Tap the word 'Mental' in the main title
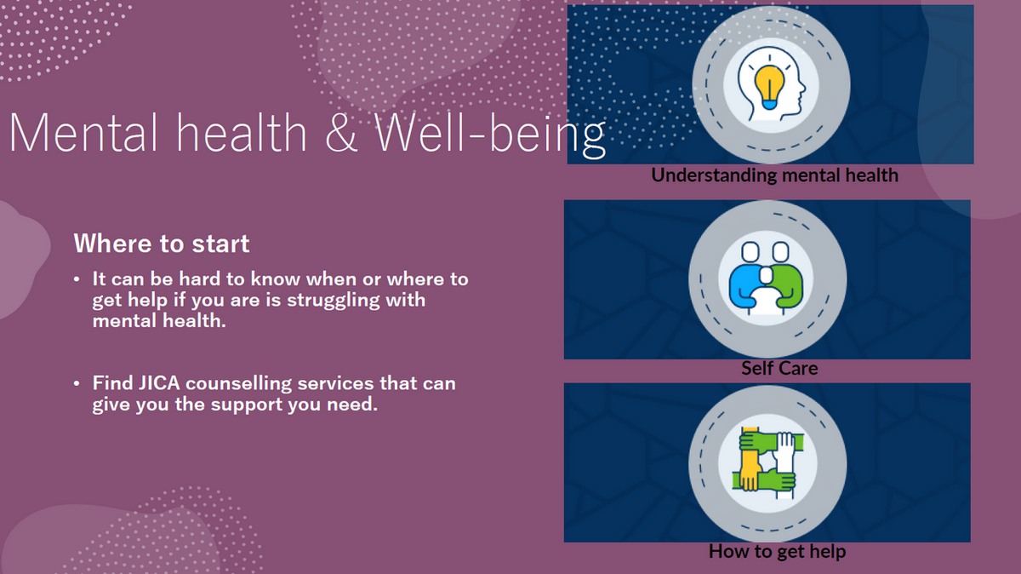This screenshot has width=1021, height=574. click(83, 131)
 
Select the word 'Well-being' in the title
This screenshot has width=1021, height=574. click(490, 135)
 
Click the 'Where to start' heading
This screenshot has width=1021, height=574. click(162, 244)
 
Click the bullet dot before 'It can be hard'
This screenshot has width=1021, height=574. click(77, 279)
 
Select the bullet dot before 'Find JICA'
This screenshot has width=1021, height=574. click(77, 383)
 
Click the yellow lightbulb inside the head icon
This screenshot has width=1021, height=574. click(769, 87)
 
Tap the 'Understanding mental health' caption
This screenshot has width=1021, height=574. click(774, 175)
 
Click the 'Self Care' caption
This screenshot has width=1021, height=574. click(779, 368)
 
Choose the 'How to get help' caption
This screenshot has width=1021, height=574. click(777, 552)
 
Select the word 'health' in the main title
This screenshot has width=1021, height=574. click(242, 131)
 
